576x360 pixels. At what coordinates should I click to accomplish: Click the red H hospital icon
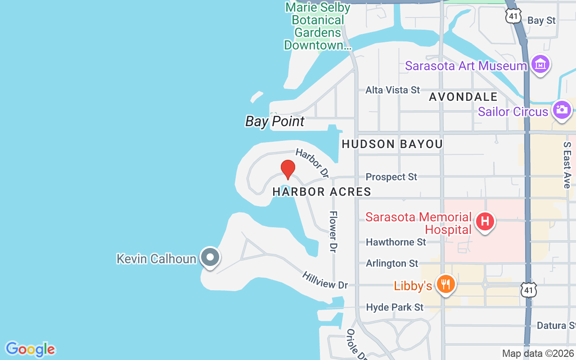click(x=485, y=221)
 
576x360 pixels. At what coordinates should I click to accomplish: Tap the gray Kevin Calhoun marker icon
click(x=210, y=258)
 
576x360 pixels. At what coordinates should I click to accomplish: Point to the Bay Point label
click(x=274, y=121)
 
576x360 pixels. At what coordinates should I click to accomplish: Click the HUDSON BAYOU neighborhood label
click(x=392, y=144)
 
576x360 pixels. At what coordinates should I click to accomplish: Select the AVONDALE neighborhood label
click(x=463, y=97)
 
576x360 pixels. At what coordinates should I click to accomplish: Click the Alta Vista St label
click(x=392, y=90)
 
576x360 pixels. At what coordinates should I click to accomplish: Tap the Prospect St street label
click(x=391, y=177)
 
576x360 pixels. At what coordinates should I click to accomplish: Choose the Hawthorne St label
click(x=396, y=242)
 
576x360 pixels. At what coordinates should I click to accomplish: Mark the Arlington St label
click(x=392, y=263)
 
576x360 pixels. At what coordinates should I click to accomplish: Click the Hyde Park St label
click(x=395, y=307)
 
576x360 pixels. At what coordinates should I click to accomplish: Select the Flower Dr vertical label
click(x=333, y=231)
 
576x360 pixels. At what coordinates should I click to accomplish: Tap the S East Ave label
click(x=567, y=165)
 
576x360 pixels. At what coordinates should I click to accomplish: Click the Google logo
click(x=30, y=349)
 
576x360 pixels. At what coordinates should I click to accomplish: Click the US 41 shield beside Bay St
click(x=513, y=17)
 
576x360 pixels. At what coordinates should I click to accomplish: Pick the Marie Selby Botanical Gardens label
click(x=318, y=26)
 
